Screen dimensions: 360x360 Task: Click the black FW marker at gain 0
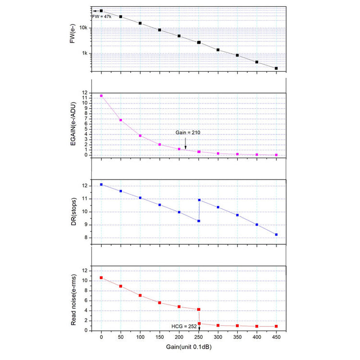pyautogui.click(x=101, y=11)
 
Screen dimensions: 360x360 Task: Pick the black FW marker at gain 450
pyautogui.click(x=276, y=68)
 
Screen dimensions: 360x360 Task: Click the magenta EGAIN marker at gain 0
pyautogui.click(x=101, y=96)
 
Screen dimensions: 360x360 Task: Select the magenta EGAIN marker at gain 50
pyautogui.click(x=120, y=120)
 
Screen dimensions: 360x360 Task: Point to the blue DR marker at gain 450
pyautogui.click(x=276, y=234)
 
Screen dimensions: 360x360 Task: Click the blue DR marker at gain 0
pyautogui.click(x=101, y=184)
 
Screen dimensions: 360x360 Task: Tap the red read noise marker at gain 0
pyautogui.click(x=101, y=277)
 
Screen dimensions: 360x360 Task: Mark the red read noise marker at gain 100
pyautogui.click(x=140, y=295)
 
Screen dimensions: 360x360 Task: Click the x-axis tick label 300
pyautogui.click(x=218, y=337)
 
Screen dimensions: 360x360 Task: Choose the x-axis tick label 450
pyautogui.click(x=276, y=337)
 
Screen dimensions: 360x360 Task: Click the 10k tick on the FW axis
pyautogui.click(x=84, y=28)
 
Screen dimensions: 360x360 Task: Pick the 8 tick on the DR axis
pyautogui.click(x=85, y=238)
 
